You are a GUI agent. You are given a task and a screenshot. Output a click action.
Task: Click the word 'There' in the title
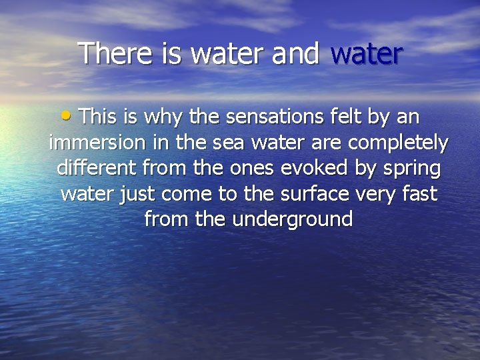point(115,53)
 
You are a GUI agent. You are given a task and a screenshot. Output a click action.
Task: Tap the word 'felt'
point(347,117)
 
